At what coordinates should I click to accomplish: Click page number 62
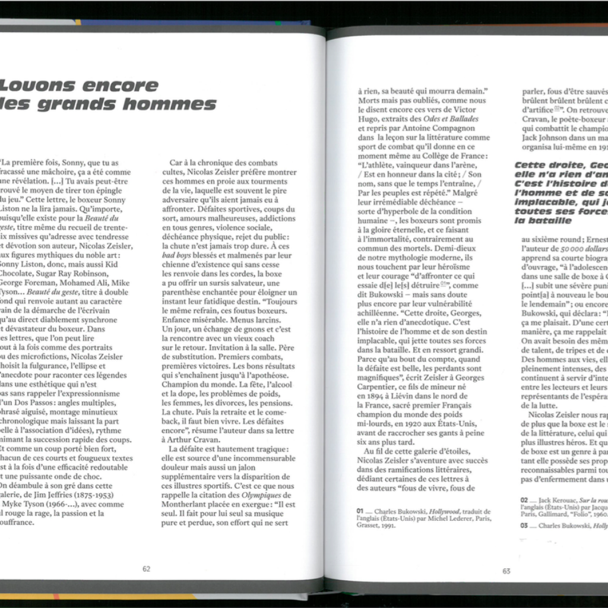click(x=146, y=568)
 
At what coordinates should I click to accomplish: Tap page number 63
click(x=506, y=571)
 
